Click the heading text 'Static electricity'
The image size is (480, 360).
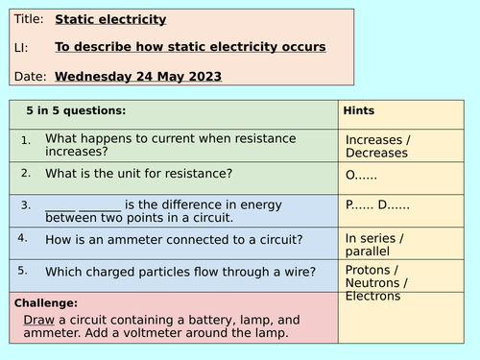click(110, 19)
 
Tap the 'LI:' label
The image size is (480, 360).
click(21, 47)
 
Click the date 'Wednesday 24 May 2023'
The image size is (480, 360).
click(138, 76)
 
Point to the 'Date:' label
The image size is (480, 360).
click(30, 76)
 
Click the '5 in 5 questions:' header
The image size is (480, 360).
click(76, 110)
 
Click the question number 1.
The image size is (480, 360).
click(26, 140)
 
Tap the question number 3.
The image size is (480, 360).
click(26, 204)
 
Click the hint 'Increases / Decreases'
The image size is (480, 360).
click(376, 146)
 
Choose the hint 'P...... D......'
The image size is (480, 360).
click(377, 205)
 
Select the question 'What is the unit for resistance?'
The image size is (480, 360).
click(138, 174)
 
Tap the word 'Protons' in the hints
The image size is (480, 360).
click(368, 270)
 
